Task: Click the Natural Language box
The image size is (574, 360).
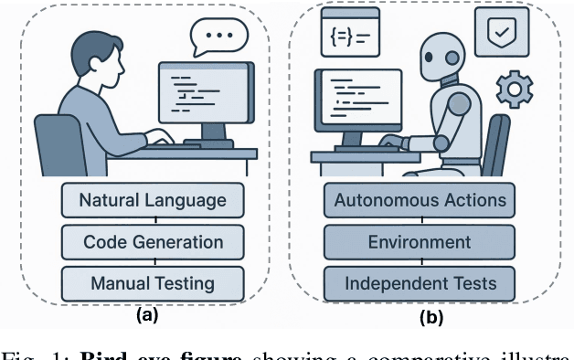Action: (x=153, y=198)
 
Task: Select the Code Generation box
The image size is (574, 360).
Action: (x=153, y=241)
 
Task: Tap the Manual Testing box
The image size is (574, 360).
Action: (x=153, y=283)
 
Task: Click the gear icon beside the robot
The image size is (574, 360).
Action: (x=515, y=89)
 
